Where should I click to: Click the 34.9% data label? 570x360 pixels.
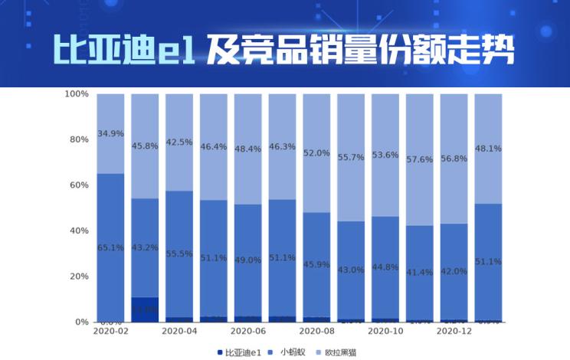tap(111, 133)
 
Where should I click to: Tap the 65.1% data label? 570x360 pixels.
tap(111, 247)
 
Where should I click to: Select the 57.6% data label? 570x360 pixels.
tap(419, 159)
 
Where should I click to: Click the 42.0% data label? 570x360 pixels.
tap(454, 272)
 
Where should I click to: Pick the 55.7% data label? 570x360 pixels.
tap(351, 157)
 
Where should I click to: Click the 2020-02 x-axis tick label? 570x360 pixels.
tap(111, 332)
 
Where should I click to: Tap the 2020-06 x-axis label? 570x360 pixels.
tap(247, 332)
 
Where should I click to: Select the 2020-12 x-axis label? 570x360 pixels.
tap(454, 332)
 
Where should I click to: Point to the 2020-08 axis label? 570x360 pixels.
tap(316, 332)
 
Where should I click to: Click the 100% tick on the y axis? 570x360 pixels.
tap(77, 94)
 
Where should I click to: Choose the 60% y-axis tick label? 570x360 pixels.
tap(80, 185)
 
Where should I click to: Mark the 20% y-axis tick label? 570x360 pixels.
tap(80, 277)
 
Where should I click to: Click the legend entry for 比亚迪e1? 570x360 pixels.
tap(241, 352)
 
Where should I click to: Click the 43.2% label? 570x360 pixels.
tap(145, 247)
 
